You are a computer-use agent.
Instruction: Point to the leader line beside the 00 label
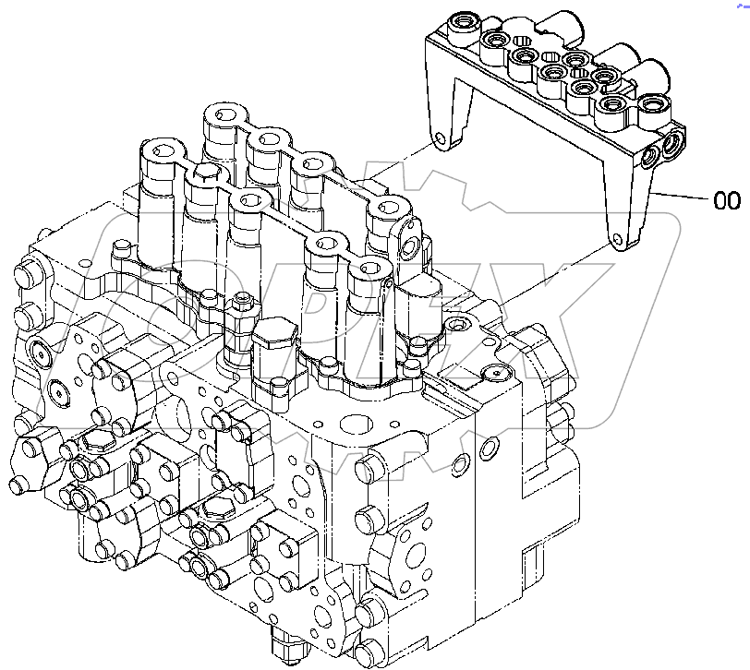pos(683,196)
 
